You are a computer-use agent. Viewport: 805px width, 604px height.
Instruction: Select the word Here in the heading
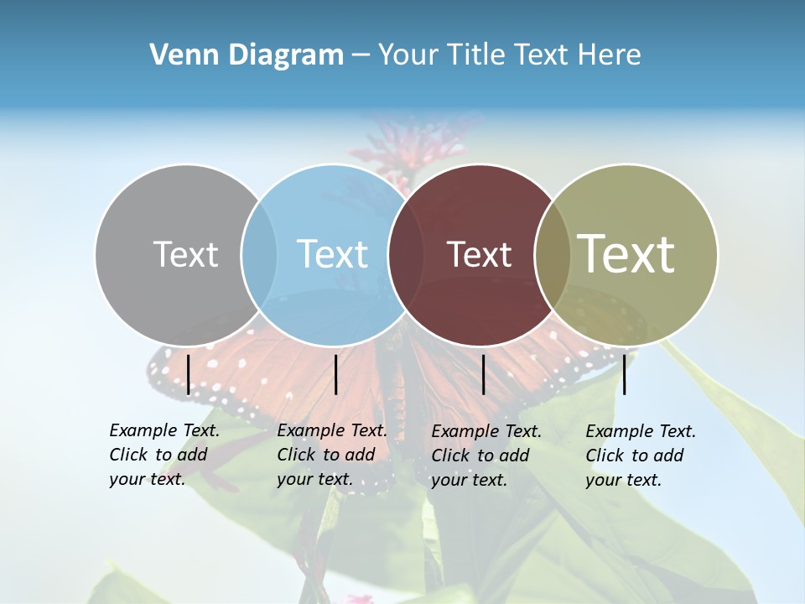pyautogui.click(x=609, y=55)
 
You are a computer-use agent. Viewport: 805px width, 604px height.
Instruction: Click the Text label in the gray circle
pyautogui.click(x=185, y=254)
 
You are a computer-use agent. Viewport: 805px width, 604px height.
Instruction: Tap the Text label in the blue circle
pyautogui.click(x=332, y=254)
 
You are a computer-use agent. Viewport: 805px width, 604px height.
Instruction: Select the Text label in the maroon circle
pyautogui.click(x=479, y=254)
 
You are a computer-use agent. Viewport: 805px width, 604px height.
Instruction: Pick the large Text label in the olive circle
pyautogui.click(x=626, y=254)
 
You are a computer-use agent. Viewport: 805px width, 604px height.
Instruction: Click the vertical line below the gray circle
pyautogui.click(x=189, y=374)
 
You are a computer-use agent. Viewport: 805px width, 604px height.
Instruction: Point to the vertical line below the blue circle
pyautogui.click(x=335, y=374)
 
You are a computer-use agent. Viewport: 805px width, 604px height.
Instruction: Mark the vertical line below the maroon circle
pyautogui.click(x=483, y=374)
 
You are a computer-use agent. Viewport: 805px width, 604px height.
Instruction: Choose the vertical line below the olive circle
pyautogui.click(x=625, y=374)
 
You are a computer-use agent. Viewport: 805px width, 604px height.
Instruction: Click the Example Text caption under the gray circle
pyautogui.click(x=164, y=455)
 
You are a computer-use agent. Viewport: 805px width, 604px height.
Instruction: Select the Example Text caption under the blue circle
pyautogui.click(x=331, y=455)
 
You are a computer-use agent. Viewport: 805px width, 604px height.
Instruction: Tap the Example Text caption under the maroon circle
pyautogui.click(x=486, y=456)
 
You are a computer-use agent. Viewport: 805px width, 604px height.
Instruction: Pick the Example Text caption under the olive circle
pyautogui.click(x=640, y=456)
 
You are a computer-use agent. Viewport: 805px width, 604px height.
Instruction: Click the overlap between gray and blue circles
pyautogui.click(x=259, y=254)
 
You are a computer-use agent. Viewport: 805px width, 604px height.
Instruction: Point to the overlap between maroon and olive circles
pyautogui.click(x=553, y=254)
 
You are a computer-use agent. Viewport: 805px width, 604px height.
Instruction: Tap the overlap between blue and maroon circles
pyautogui.click(x=406, y=254)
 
